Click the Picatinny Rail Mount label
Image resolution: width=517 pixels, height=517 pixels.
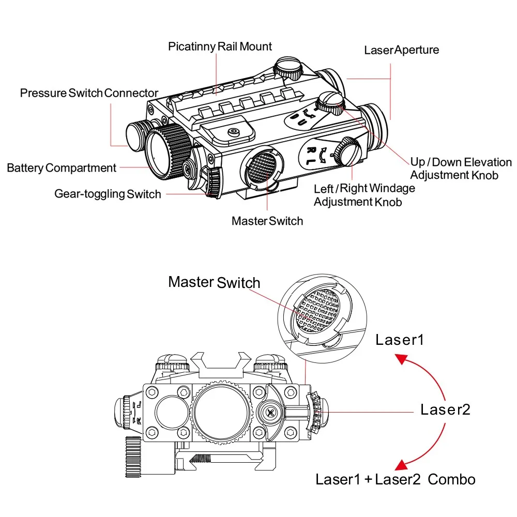[220, 47]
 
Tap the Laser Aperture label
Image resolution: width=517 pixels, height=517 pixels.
[402, 50]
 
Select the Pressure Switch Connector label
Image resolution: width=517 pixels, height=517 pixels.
[89, 93]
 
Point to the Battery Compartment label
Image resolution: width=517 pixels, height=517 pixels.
[62, 168]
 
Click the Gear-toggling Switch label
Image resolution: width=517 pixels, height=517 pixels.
[108, 194]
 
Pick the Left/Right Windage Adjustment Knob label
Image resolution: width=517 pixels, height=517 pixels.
[364, 195]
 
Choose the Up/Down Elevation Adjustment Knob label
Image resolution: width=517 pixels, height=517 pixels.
[461, 168]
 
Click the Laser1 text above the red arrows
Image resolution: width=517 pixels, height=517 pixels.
[400, 340]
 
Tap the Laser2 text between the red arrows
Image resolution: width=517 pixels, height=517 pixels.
[445, 409]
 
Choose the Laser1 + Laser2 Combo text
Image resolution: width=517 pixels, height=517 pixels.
[396, 479]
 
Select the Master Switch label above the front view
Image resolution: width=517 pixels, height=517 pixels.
[214, 283]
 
